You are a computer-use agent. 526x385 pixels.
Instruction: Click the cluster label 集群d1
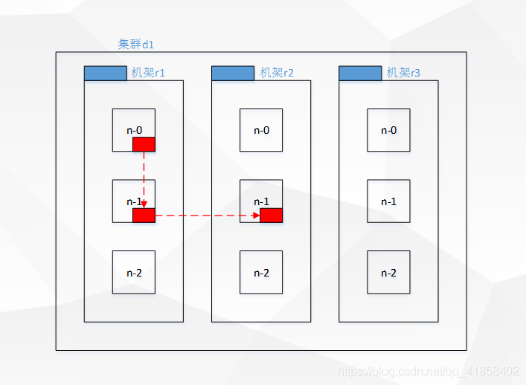pyautogui.click(x=136, y=45)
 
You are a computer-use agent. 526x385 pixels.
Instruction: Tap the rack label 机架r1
pyautogui.click(x=148, y=73)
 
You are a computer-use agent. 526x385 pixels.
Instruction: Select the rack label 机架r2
pyautogui.click(x=277, y=73)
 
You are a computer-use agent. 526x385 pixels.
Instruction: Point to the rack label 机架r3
pyautogui.click(x=403, y=73)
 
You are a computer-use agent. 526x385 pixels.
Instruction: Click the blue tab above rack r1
pyautogui.click(x=106, y=74)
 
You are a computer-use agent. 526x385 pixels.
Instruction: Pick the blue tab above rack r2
pyautogui.click(x=233, y=74)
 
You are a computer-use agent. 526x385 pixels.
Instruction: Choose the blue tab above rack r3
pyautogui.click(x=360, y=74)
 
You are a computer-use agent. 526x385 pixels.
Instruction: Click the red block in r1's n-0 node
pyautogui.click(x=144, y=144)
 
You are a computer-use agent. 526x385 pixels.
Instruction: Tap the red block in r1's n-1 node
pyautogui.click(x=144, y=216)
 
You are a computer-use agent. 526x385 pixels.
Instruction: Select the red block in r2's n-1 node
pyautogui.click(x=271, y=216)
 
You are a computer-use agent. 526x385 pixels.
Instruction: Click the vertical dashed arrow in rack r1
pyautogui.click(x=144, y=180)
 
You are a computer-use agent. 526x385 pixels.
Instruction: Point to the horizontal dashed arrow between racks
pyautogui.click(x=208, y=216)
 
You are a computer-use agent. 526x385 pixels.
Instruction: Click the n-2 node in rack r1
pyautogui.click(x=134, y=272)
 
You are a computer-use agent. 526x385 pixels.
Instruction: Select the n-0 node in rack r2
pyautogui.click(x=261, y=130)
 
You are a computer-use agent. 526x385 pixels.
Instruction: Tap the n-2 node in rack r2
pyautogui.click(x=261, y=272)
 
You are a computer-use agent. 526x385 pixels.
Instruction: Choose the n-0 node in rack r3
pyautogui.click(x=388, y=130)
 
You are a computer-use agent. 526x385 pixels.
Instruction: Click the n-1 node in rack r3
pyautogui.click(x=388, y=201)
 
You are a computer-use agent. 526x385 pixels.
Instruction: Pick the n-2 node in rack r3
pyautogui.click(x=388, y=272)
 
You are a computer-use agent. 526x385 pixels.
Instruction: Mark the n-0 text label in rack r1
pyautogui.click(x=134, y=130)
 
